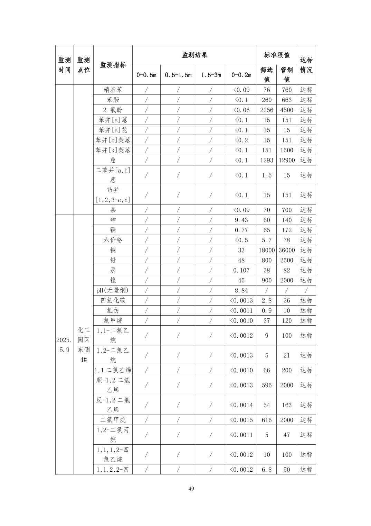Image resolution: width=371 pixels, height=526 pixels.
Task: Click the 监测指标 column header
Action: tap(113, 65)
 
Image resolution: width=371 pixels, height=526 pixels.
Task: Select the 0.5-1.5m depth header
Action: tap(178, 75)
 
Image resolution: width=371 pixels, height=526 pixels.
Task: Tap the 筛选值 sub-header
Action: tap(266, 75)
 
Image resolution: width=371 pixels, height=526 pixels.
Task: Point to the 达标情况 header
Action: tap(306, 65)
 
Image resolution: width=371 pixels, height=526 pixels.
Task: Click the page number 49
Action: tap(191, 489)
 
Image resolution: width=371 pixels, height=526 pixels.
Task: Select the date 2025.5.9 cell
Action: tap(64, 345)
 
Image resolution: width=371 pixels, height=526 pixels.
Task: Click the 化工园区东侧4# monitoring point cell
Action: tap(83, 345)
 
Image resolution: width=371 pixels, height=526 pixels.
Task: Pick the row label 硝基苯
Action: tap(113, 90)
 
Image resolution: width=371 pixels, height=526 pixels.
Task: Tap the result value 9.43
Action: tap(241, 220)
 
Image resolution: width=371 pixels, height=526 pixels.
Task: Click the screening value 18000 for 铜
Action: tap(266, 250)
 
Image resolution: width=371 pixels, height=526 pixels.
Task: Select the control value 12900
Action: tap(286, 160)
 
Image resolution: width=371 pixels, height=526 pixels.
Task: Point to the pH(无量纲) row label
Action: tap(113, 290)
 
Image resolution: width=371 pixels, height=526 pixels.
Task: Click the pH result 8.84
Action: tap(241, 290)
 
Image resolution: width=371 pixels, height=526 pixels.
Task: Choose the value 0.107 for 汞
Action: tap(241, 270)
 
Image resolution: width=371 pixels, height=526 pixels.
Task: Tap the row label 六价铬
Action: tap(113, 240)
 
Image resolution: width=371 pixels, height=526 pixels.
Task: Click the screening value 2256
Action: tap(266, 110)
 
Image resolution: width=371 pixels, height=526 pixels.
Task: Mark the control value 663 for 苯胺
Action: tap(286, 100)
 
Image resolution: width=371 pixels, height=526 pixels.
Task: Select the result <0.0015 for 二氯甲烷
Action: tap(241, 420)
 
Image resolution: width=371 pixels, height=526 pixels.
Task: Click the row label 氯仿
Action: tap(113, 310)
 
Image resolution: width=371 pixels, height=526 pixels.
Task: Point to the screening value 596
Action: tap(266, 385)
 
